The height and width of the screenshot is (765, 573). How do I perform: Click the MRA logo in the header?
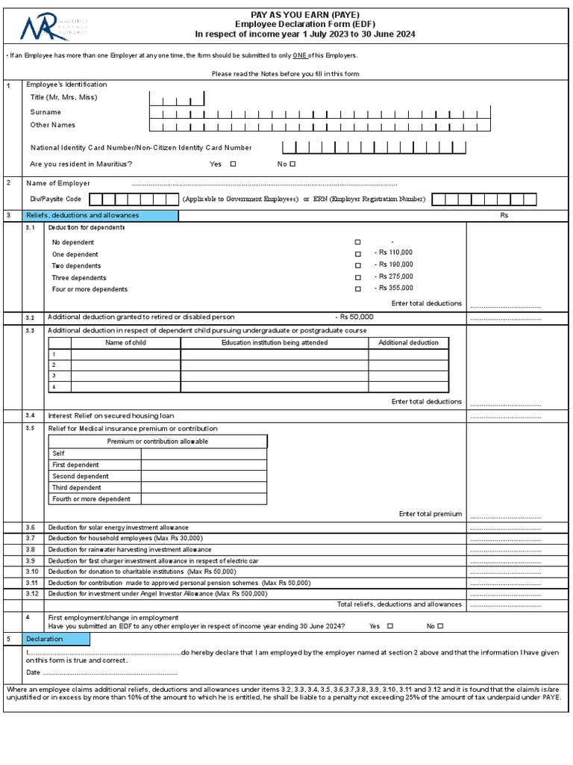coord(52,30)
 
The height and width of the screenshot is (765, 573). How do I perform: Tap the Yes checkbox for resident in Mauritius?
coord(234,164)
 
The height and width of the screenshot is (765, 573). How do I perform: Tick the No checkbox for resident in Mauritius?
coord(292,164)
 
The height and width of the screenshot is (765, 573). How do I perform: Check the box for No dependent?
coord(358,243)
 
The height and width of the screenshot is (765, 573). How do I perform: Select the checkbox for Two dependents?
coord(358,266)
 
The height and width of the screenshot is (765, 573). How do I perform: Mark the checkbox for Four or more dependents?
coord(358,289)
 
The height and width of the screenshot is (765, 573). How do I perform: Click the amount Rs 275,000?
coord(395,277)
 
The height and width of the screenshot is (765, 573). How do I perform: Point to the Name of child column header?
coord(125,343)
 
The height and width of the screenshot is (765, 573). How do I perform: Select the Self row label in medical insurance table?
coord(59,453)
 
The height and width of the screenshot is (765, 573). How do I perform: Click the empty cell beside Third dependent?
coord(204,488)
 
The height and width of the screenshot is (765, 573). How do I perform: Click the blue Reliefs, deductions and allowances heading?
coord(93,216)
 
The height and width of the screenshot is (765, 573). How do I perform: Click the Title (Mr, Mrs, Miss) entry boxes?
coord(176,99)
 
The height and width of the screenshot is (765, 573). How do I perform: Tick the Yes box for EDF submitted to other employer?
coord(390,626)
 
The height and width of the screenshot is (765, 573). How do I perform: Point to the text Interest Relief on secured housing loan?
coord(111,416)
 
